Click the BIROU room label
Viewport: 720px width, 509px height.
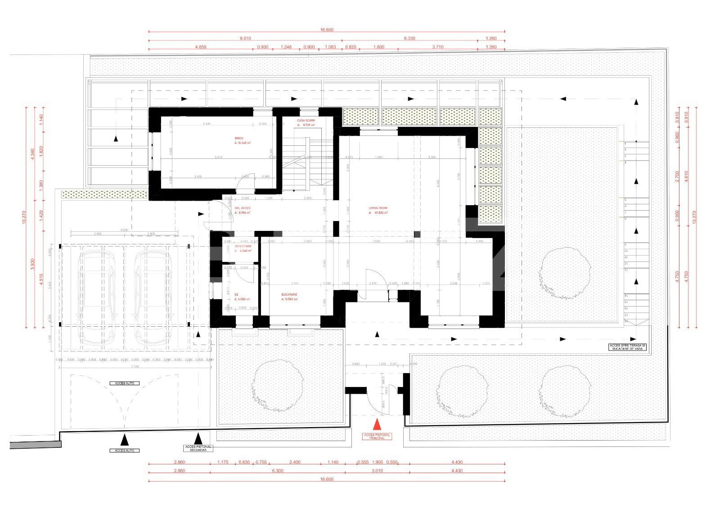[238, 138]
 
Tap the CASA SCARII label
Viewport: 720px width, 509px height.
[306, 121]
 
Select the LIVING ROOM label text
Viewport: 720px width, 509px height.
[378, 208]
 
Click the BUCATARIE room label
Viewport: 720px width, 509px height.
[290, 295]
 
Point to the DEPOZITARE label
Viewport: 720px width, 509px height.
[237, 247]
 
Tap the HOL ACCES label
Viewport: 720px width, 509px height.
[242, 208]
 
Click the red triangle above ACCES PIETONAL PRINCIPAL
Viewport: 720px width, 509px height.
[377, 424]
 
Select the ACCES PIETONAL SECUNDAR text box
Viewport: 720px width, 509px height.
[198, 448]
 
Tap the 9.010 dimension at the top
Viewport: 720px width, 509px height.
[245, 38]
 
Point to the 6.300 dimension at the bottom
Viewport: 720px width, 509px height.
[277, 471]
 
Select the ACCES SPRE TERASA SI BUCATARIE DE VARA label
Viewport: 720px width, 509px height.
[627, 347]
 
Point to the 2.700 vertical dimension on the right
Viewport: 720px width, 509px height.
[678, 179]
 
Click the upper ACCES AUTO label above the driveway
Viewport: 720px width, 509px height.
[124, 383]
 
